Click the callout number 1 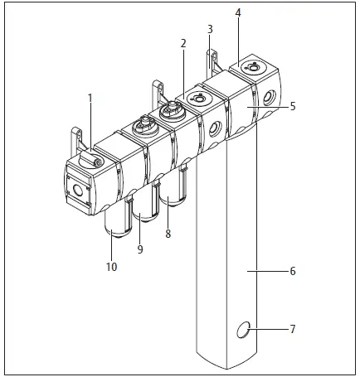tap(91, 98)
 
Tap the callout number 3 tap(210, 29)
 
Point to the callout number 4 tap(238, 14)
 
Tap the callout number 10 tap(111, 266)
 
